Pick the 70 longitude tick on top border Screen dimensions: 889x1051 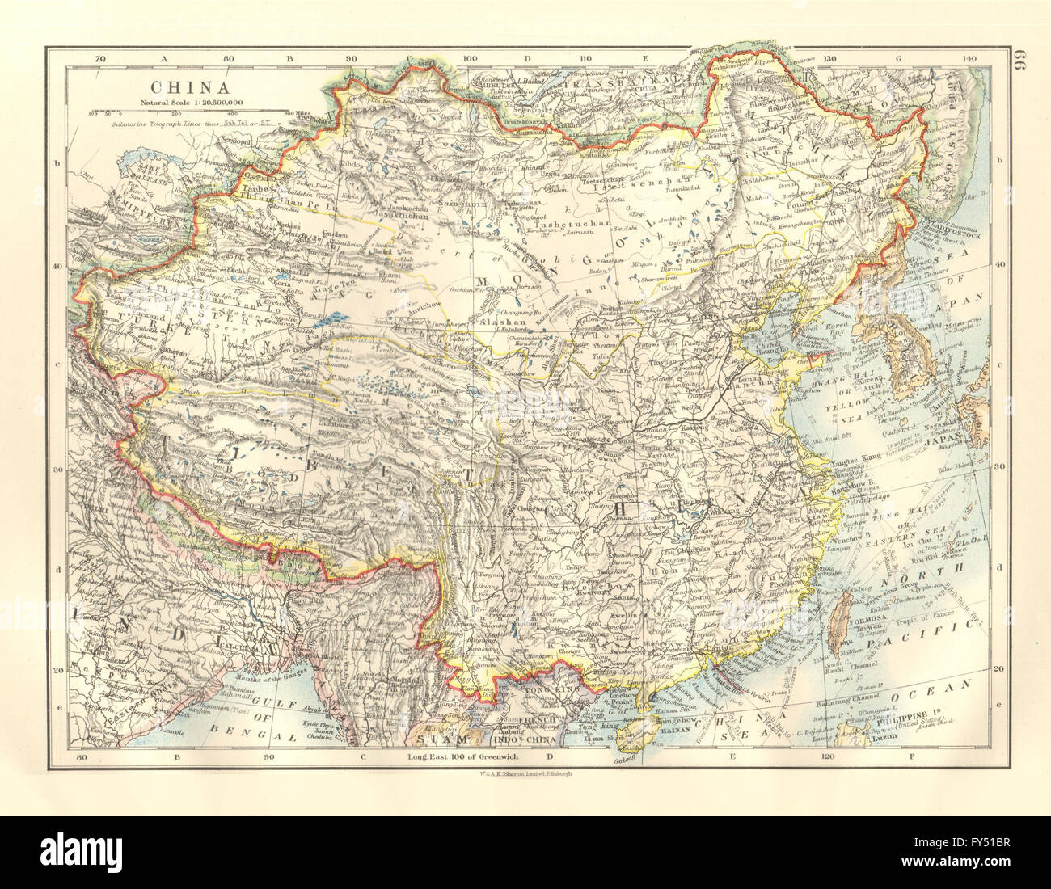(x=100, y=59)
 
